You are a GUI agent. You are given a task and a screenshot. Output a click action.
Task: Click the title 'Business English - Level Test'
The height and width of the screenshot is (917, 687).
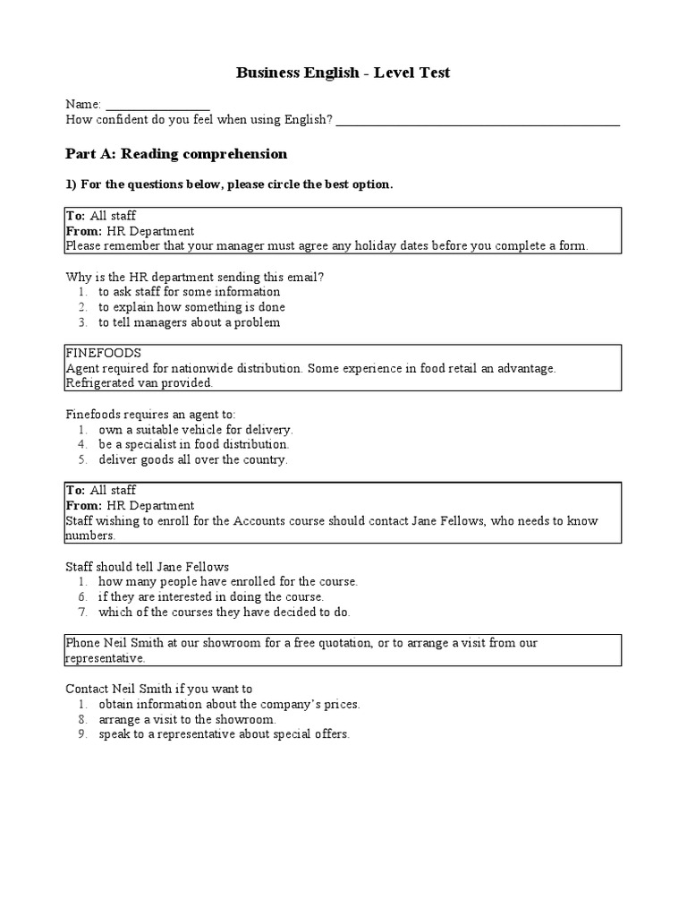[x=343, y=73]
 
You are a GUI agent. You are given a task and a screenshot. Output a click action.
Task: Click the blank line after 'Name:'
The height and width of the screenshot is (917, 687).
[x=157, y=106]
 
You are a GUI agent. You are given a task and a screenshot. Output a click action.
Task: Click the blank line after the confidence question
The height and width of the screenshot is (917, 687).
[x=478, y=121]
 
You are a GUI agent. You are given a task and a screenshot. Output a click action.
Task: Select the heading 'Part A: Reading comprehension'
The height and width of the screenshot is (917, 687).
[x=176, y=154]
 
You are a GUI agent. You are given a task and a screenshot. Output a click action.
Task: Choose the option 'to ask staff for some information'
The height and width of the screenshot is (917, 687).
[x=189, y=292]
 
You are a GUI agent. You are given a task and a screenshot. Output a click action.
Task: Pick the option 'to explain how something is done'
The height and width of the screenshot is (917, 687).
[x=191, y=307]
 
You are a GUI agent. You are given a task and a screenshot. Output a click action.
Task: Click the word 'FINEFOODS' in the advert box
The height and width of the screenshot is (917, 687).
[x=104, y=353]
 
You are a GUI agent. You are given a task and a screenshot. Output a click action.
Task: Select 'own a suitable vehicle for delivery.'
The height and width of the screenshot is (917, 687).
[x=196, y=429]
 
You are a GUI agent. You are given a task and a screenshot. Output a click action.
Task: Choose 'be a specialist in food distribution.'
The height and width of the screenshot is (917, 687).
[x=194, y=444]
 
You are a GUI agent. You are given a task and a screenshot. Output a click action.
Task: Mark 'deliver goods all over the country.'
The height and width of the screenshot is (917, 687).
[x=193, y=459]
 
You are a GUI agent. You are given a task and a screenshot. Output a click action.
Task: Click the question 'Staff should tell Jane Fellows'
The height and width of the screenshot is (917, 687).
[x=148, y=566]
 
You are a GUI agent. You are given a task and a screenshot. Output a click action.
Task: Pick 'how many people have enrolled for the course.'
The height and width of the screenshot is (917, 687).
[x=228, y=581]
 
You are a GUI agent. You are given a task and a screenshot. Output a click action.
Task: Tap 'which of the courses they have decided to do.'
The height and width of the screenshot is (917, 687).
[x=225, y=612]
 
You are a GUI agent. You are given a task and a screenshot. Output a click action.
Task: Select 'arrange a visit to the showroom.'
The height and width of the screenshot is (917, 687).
[x=187, y=719]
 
